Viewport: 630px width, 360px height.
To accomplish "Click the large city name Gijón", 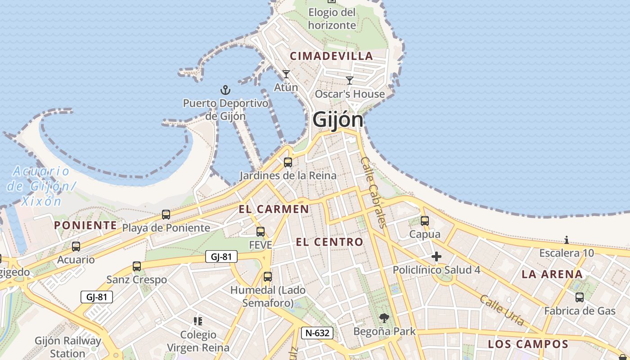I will (x=337, y=120).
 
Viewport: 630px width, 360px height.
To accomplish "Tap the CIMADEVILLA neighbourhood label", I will (x=331, y=56).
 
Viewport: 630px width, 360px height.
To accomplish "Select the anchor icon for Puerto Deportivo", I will (x=225, y=90).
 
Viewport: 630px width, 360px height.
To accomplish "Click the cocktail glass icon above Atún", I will (x=286, y=74).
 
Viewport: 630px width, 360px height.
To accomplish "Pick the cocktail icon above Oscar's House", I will (x=350, y=81).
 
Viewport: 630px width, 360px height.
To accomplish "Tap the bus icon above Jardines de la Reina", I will (x=288, y=162).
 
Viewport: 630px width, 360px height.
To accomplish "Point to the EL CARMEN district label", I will (x=274, y=209).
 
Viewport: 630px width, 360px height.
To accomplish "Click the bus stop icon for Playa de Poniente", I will (x=166, y=215).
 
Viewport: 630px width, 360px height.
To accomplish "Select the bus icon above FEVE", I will (x=261, y=232).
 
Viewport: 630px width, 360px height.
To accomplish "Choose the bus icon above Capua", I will (x=425, y=221).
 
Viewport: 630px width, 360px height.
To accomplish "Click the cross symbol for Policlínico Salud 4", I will (x=436, y=257).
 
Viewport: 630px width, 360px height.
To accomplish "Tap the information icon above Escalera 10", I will (x=566, y=240).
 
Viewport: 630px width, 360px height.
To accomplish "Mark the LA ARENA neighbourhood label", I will (x=552, y=274).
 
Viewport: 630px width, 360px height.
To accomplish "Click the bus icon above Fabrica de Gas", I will (x=580, y=297).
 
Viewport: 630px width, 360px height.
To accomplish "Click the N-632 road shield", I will (x=317, y=333).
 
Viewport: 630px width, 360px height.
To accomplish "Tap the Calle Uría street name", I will (x=502, y=310).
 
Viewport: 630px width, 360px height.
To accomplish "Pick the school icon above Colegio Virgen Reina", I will (x=198, y=321).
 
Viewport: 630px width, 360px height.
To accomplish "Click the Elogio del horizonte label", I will (x=332, y=18).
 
